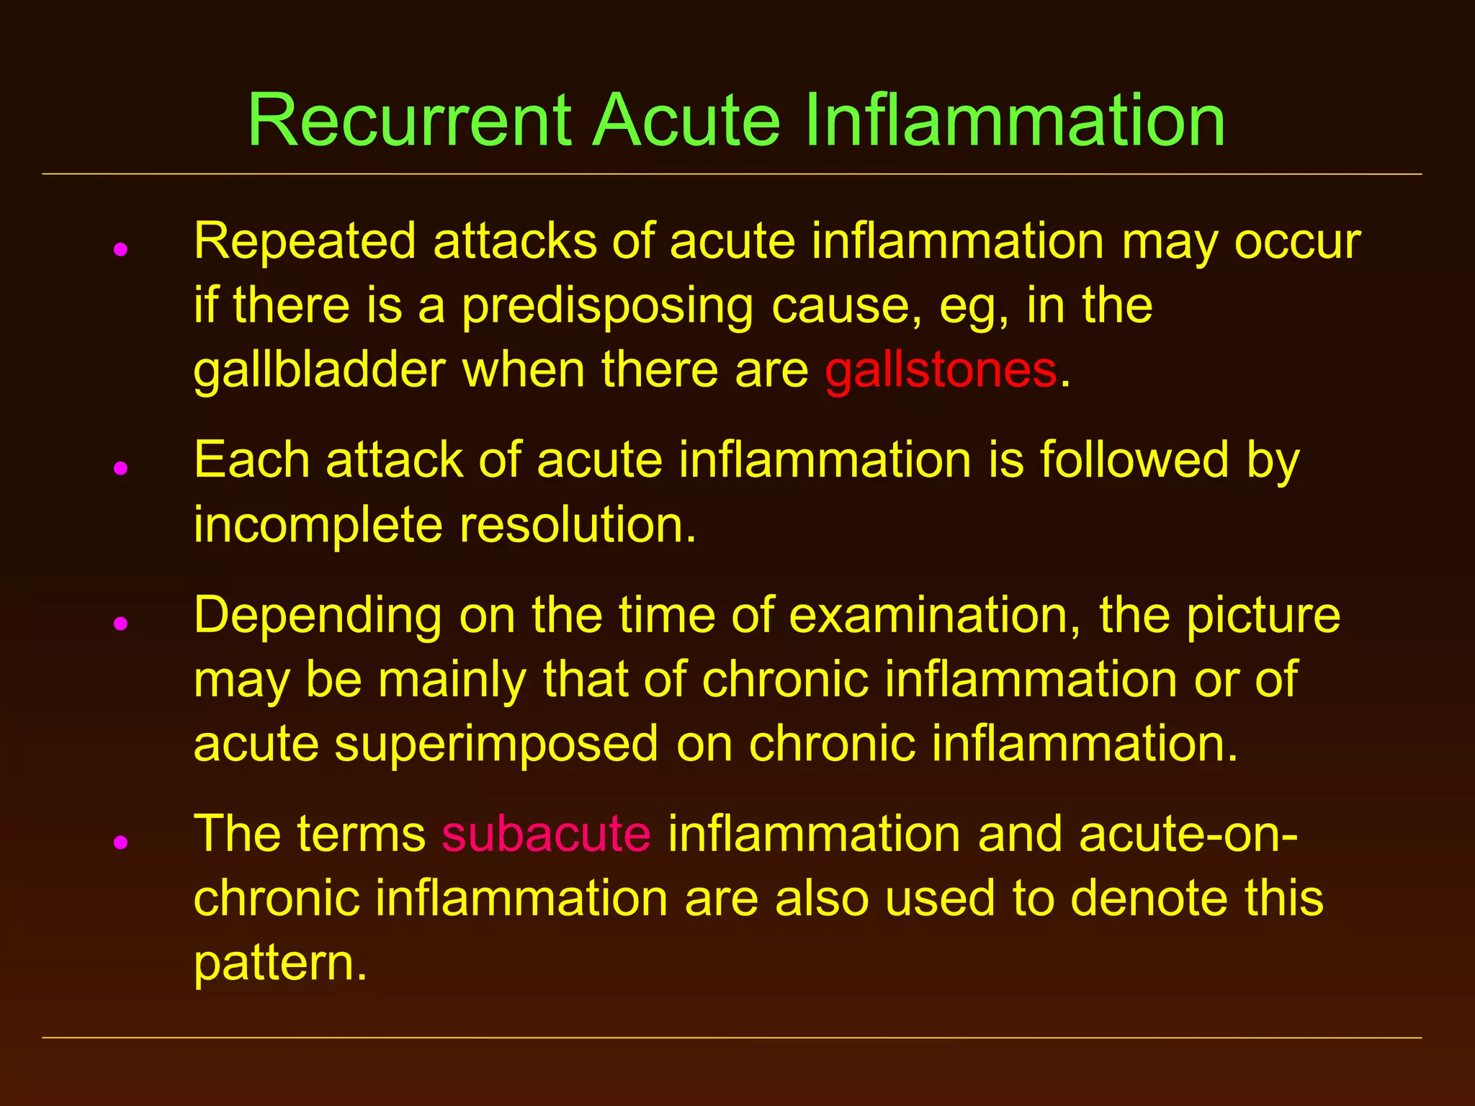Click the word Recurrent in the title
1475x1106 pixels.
pyautogui.click(x=410, y=120)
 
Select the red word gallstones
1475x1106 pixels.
pyautogui.click(x=941, y=370)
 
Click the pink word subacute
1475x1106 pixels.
pyautogui.click(x=547, y=834)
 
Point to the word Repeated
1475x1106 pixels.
pyautogui.click(x=305, y=242)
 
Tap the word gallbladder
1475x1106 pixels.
pyautogui.click(x=319, y=370)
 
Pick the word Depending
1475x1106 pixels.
pyautogui.click(x=318, y=616)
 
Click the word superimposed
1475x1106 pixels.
pyautogui.click(x=496, y=745)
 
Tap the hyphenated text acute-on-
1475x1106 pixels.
pyautogui.click(x=1189, y=834)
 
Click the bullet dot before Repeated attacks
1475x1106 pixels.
pyautogui.click(x=121, y=250)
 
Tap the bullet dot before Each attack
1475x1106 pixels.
pyautogui.click(x=121, y=468)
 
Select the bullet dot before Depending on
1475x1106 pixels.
pyautogui.click(x=121, y=624)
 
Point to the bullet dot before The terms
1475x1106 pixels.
pyautogui.click(x=121, y=842)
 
